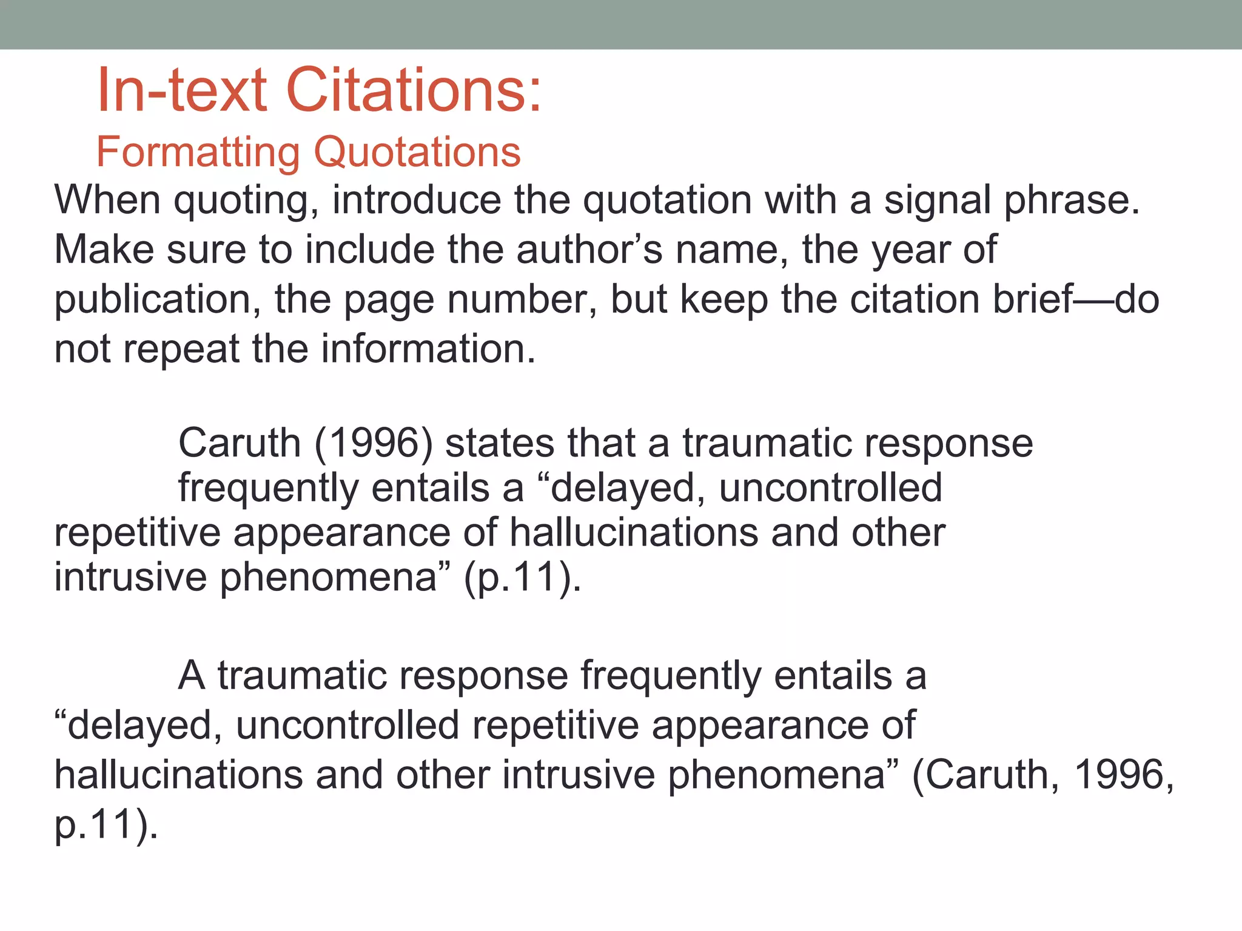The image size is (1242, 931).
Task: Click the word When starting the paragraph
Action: (108, 200)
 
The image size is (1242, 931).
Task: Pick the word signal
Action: (937, 201)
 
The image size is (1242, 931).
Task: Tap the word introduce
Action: (417, 200)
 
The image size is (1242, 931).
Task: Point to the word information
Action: (428, 349)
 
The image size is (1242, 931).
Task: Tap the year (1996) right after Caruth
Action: (374, 443)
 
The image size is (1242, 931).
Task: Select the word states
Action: (500, 443)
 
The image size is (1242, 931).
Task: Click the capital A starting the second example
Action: (192, 676)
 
